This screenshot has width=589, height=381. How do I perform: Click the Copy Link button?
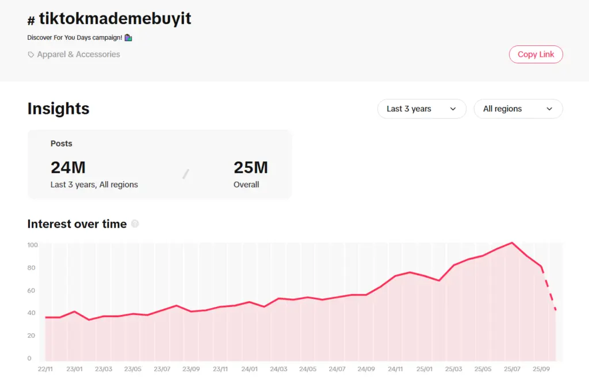(x=536, y=54)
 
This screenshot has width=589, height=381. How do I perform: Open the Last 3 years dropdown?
(x=421, y=109)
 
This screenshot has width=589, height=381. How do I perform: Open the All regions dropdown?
(x=518, y=109)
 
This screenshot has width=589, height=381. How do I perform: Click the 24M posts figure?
(x=68, y=167)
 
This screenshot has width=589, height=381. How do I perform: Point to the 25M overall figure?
(x=250, y=167)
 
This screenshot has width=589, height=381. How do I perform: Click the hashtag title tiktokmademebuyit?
(x=115, y=19)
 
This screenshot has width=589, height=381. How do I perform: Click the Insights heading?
(x=58, y=109)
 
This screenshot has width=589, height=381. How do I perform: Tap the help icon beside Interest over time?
(x=135, y=224)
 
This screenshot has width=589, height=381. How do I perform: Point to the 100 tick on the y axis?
(x=32, y=245)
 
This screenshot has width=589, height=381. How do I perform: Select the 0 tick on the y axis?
(x=29, y=359)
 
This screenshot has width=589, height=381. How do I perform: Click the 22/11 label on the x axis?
(x=45, y=369)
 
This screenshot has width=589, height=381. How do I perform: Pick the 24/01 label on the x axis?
(x=250, y=369)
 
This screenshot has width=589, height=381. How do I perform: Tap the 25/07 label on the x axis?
(x=512, y=369)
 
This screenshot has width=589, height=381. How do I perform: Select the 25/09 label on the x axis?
(x=541, y=369)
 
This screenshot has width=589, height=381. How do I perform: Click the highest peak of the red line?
(x=512, y=243)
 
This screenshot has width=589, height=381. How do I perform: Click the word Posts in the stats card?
(x=62, y=144)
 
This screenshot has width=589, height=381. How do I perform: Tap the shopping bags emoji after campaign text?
(x=128, y=38)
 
